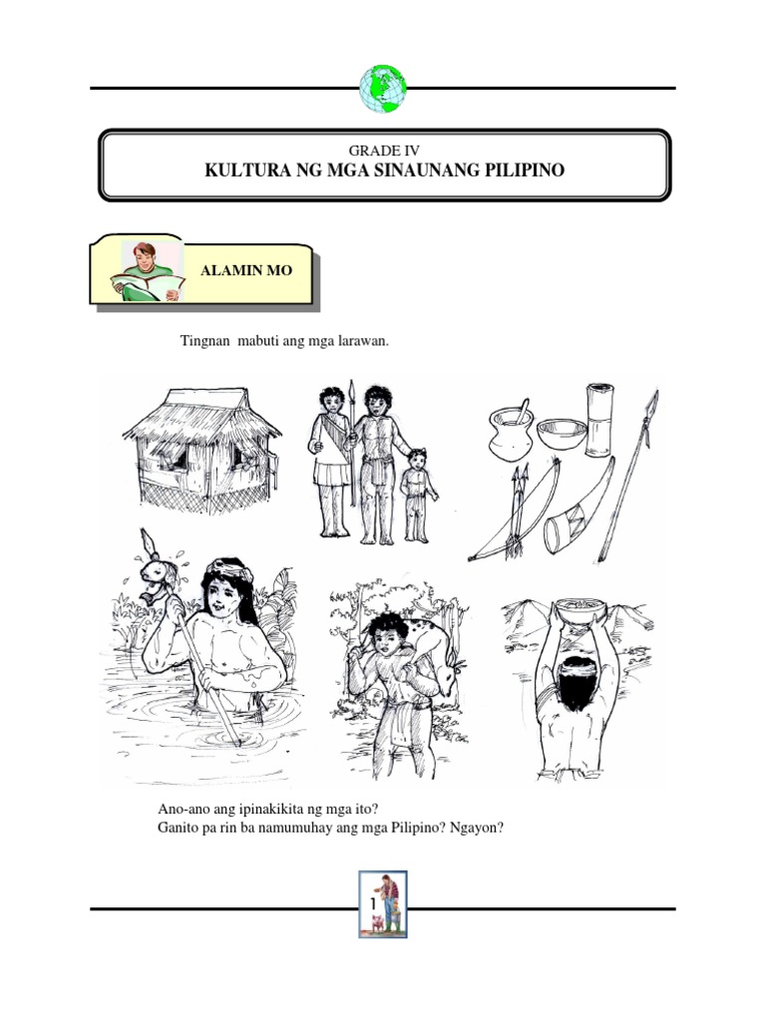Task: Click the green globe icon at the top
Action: (383, 88)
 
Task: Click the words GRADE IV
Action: (383, 151)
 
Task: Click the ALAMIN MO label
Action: (246, 271)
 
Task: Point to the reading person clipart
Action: (150, 269)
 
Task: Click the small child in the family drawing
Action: (418, 493)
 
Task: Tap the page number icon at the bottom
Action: (383, 903)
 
